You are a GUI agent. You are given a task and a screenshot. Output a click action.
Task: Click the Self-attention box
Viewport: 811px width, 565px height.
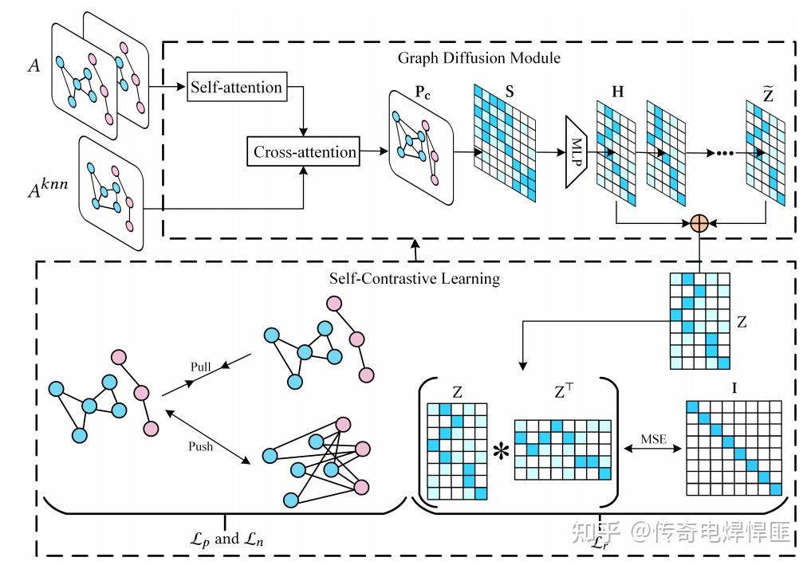tap(236, 87)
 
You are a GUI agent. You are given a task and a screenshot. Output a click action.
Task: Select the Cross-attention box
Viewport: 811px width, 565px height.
tap(305, 151)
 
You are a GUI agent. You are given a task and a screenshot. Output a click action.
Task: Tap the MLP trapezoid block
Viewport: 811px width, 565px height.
tap(577, 152)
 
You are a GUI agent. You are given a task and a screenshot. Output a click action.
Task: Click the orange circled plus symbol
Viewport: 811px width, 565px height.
tap(699, 223)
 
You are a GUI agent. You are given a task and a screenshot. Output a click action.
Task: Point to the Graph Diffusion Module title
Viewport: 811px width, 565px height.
tap(479, 58)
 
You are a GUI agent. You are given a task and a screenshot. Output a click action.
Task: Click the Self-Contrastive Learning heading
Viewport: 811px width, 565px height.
tap(415, 278)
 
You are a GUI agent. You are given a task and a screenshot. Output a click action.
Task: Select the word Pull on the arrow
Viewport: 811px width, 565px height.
tap(200, 367)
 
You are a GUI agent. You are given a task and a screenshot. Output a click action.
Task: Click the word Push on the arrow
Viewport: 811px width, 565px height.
tap(200, 446)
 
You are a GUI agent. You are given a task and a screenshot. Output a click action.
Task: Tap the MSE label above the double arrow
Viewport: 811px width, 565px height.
tap(654, 438)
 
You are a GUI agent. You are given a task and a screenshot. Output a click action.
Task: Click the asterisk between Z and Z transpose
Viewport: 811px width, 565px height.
tap(501, 452)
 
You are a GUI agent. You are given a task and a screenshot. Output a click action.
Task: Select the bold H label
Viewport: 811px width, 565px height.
tap(617, 91)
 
